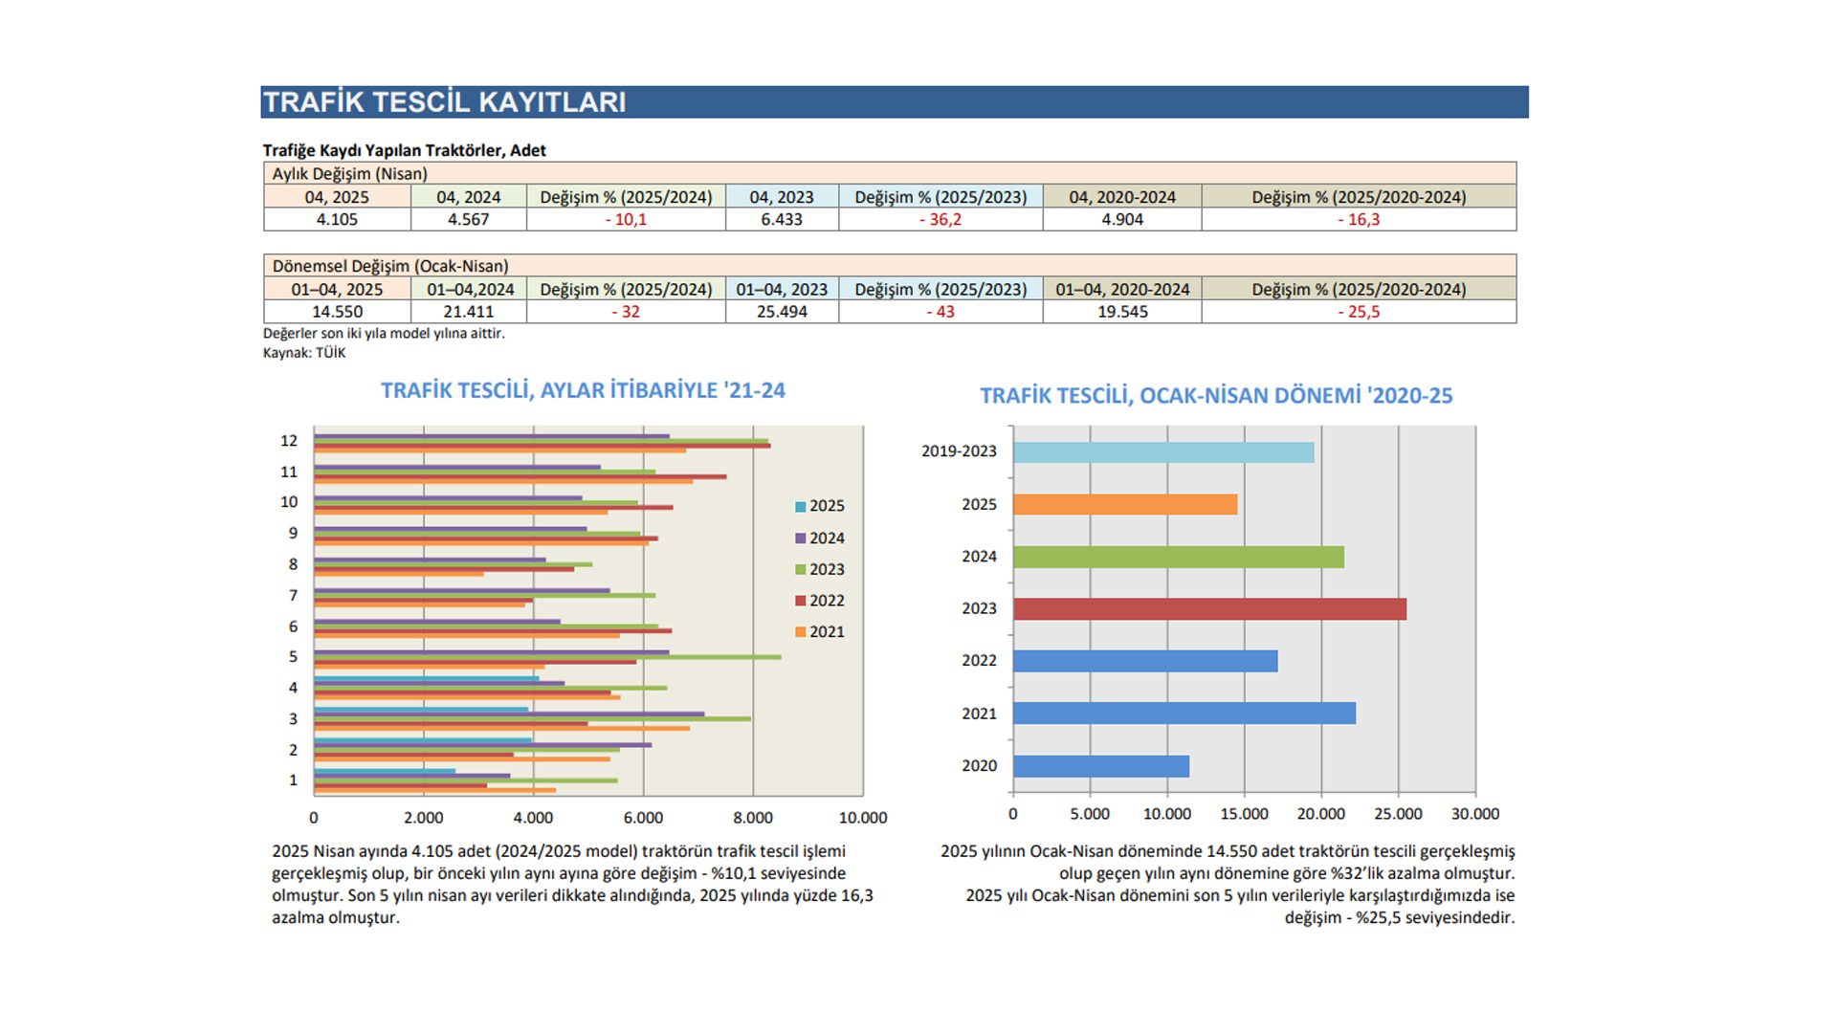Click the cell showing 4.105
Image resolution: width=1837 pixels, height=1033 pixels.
coord(337,219)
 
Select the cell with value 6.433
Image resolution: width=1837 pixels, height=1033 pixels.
coord(782,219)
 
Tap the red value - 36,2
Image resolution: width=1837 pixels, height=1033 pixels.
coord(941,219)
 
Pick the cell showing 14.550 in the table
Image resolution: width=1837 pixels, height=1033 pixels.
coord(337,312)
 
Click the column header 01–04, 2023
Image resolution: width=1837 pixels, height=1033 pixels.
coord(782,289)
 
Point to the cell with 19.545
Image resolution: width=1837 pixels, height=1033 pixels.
coord(1122,312)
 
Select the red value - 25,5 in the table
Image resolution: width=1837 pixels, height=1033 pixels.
coord(1359,312)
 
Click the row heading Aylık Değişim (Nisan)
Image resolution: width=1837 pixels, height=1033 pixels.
coord(349,174)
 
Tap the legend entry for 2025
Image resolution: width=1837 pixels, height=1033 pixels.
coord(820,506)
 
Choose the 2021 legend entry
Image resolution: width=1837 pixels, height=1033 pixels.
coord(820,631)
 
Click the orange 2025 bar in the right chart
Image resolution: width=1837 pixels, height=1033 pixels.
coord(1125,504)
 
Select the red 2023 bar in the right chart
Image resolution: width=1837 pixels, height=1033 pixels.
coord(1209,608)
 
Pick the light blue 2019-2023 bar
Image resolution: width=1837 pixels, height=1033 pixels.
coord(1163,452)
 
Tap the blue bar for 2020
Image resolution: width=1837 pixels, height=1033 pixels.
coord(1101,766)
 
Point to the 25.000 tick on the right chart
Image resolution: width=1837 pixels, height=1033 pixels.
coord(1398,814)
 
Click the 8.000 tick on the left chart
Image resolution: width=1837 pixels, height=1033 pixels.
coord(753,818)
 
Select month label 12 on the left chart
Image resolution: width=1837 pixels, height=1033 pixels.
coord(289,441)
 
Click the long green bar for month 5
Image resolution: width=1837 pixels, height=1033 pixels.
coord(547,657)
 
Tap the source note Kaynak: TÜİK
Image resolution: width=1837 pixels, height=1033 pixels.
coord(304,353)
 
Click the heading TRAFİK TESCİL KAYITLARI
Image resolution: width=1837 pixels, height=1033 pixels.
coord(444,102)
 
